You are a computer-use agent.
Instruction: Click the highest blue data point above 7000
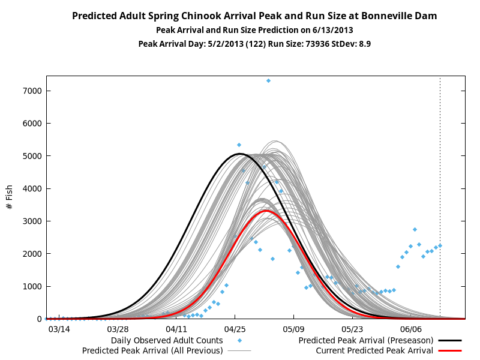click(268, 81)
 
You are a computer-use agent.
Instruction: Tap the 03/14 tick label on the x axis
click(59, 329)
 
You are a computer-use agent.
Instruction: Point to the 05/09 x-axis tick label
click(293, 329)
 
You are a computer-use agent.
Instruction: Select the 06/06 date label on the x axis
click(411, 329)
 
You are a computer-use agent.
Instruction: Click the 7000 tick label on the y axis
click(32, 91)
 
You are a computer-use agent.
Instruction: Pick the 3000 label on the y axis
click(32, 221)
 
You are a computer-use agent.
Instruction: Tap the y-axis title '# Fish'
click(9, 197)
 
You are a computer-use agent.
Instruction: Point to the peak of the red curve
click(266, 211)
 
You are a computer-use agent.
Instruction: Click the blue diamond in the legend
click(239, 340)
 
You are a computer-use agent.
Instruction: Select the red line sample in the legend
click(450, 350)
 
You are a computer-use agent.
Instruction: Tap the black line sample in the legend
click(450, 340)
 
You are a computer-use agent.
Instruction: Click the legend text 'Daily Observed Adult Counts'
click(167, 340)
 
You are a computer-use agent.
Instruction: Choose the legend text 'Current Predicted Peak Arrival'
click(374, 350)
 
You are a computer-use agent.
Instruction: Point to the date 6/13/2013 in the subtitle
click(333, 30)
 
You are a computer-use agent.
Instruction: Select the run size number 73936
click(317, 44)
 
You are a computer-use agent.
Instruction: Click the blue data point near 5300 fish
click(239, 145)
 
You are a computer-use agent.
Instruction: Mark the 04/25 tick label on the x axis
click(235, 329)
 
